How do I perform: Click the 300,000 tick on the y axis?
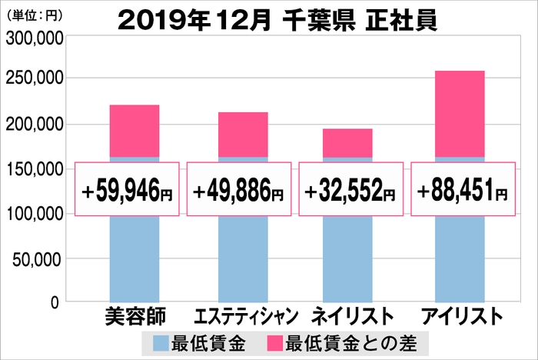coord(35,35)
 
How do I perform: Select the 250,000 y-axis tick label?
coord(35,78)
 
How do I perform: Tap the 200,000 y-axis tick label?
coord(35,124)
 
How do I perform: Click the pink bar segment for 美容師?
coord(134,131)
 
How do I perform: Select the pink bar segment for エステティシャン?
coord(243,135)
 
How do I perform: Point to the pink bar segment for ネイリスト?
coord(347,143)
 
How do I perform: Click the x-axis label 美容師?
coord(134,318)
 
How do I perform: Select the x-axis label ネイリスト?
coord(350,318)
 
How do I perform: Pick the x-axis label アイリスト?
coord(459,318)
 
